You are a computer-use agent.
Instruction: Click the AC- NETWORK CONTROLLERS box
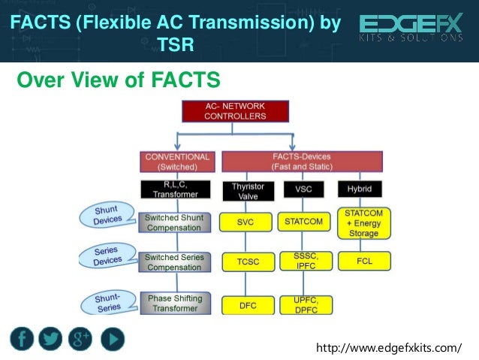(236, 111)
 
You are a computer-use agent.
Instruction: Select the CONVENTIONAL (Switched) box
(177, 162)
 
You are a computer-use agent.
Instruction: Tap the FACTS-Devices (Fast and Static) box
(302, 162)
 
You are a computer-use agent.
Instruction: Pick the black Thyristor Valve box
(243, 191)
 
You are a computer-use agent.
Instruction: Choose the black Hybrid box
(360, 188)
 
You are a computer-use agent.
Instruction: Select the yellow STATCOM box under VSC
(303, 222)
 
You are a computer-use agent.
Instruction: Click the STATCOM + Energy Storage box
(363, 222)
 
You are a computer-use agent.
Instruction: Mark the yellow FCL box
(363, 262)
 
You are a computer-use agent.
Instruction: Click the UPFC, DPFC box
(303, 304)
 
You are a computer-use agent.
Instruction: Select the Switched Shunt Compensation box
(174, 222)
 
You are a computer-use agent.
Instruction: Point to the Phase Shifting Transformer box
(174, 304)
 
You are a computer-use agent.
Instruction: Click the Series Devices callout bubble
(108, 256)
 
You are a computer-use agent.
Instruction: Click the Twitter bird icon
(51, 339)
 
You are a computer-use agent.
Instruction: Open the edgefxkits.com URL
(390, 347)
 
